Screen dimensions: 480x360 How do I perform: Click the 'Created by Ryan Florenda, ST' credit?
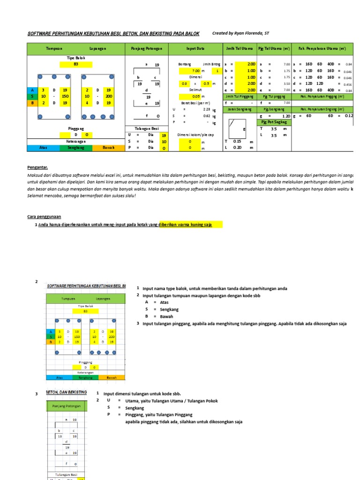tap(241, 33)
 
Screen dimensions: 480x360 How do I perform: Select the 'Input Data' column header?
tap(195, 49)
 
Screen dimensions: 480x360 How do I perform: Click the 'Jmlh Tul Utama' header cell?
tap(239, 49)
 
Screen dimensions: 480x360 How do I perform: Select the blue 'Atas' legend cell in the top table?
tap(43, 148)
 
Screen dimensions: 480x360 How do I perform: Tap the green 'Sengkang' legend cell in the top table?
tap(76, 148)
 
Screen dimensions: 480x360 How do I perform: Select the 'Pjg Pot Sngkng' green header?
tap(274, 122)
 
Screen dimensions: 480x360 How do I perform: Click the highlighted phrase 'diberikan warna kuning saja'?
tap(186, 225)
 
